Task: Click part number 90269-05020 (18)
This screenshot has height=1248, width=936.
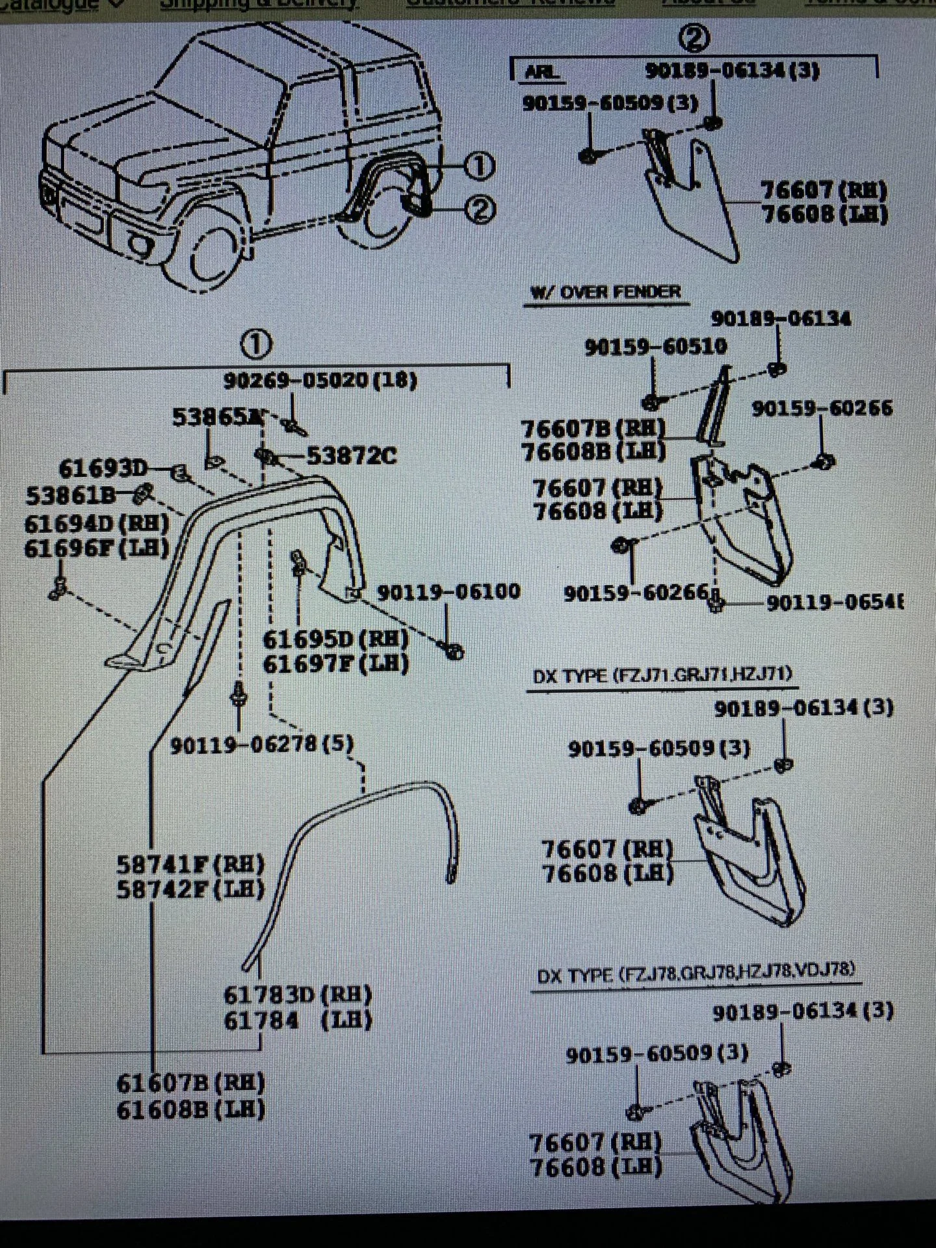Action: [x=320, y=380]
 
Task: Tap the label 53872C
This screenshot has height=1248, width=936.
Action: [x=351, y=456]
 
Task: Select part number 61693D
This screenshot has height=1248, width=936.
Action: [x=103, y=469]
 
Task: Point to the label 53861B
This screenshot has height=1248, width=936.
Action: [x=70, y=496]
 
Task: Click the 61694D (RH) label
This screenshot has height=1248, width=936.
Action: [x=96, y=524]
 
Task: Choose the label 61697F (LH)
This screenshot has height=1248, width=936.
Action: [x=335, y=664]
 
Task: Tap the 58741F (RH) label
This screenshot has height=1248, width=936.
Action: [x=190, y=864]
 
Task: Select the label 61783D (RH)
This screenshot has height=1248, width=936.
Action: [x=297, y=995]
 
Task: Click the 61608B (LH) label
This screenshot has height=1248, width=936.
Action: [x=190, y=1109]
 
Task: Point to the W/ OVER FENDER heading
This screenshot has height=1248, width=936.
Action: [x=605, y=293]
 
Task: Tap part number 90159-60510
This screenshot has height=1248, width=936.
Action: [x=655, y=347]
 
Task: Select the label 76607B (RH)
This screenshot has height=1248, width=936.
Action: [x=593, y=428]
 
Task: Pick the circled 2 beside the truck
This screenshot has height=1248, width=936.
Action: [x=480, y=210]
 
